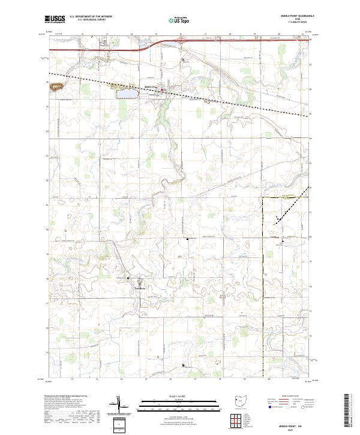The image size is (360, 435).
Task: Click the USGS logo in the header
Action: [x=55, y=20]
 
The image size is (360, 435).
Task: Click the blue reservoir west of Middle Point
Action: [x=127, y=93]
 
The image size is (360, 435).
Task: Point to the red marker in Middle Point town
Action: [x=169, y=91]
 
